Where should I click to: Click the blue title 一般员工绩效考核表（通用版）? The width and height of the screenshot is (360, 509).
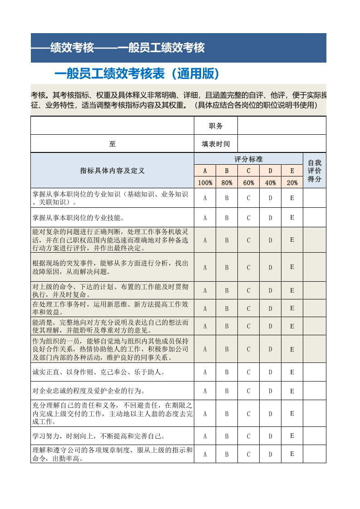click(x=137, y=73)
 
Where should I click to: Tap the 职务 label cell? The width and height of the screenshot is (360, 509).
click(x=216, y=126)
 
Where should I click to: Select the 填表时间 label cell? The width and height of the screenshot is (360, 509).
click(x=216, y=144)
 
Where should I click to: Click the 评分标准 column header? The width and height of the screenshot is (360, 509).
click(x=248, y=159)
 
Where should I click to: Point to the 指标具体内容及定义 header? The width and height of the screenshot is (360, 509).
click(x=112, y=171)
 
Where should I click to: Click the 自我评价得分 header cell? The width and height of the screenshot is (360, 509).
click(x=315, y=171)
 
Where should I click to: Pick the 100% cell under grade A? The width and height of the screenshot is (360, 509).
click(x=205, y=183)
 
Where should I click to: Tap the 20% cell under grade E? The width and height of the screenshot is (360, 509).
click(x=292, y=183)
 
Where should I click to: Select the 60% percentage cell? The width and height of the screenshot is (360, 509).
click(x=248, y=183)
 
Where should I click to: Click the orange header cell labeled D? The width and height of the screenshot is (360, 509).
click(x=270, y=171)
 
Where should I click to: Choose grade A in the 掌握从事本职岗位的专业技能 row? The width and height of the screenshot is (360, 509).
click(x=205, y=218)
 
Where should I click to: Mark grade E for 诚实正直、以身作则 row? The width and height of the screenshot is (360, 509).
click(x=292, y=372)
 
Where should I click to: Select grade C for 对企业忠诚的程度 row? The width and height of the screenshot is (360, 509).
click(x=248, y=391)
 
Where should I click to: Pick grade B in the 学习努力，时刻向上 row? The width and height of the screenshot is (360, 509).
click(x=227, y=436)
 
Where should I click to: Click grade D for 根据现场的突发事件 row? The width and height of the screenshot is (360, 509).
click(x=270, y=267)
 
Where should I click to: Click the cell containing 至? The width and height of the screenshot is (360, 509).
click(x=112, y=144)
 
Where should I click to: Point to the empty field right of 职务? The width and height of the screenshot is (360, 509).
click(x=281, y=126)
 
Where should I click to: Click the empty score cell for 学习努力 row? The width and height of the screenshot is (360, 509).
click(x=315, y=436)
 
